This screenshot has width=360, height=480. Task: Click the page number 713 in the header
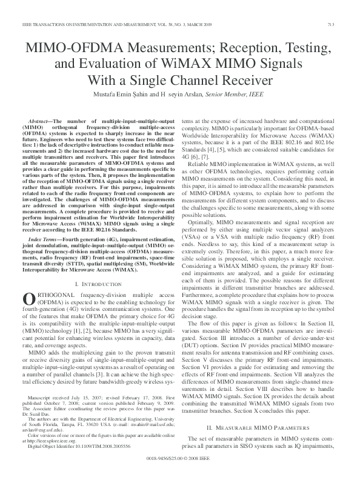pyautogui.click(x=345, y=24)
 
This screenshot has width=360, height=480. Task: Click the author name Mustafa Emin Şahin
pyautogui.click(x=129, y=94)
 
